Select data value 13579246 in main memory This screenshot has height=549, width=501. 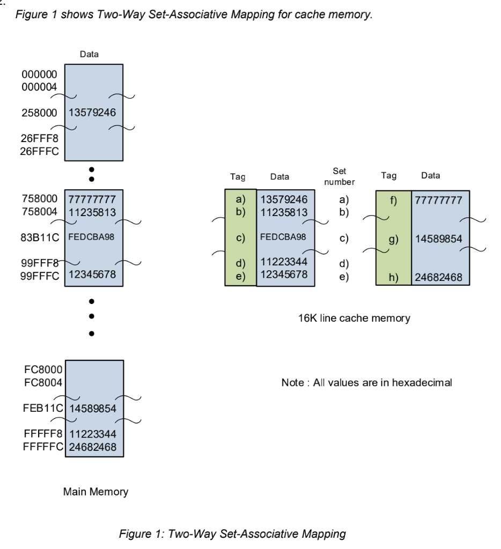[93, 113]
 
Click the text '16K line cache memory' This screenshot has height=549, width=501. [354, 318]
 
